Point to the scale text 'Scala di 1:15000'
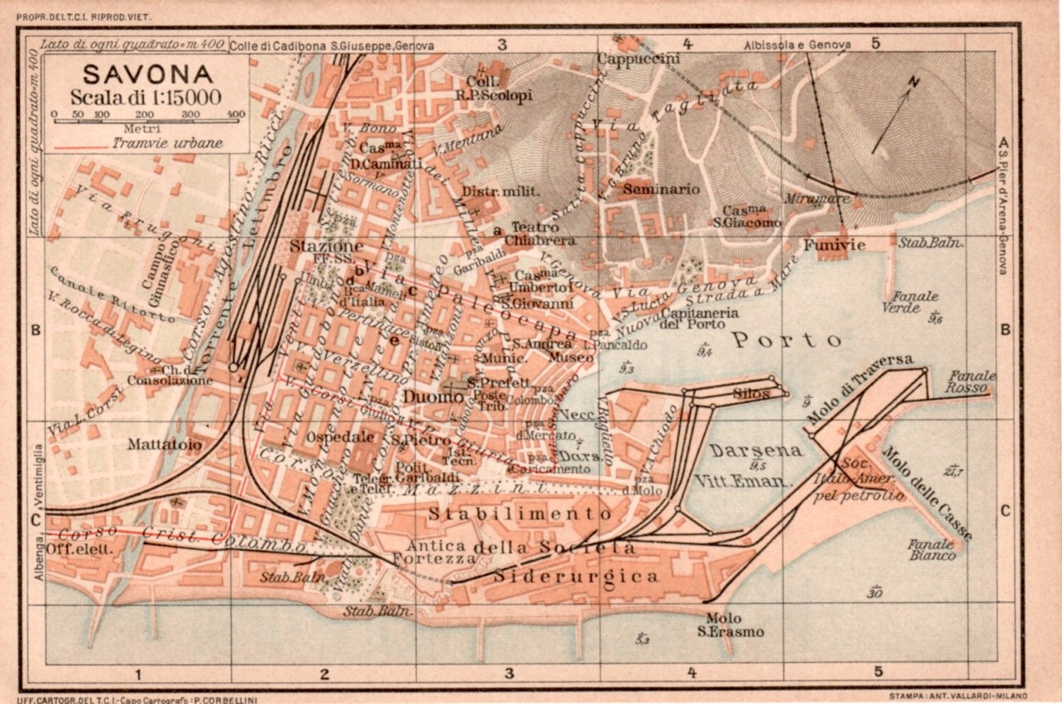coord(145,97)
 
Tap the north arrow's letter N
coord(913,83)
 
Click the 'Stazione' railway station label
coord(326,246)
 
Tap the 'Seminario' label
coord(661,189)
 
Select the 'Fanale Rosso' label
coord(971,382)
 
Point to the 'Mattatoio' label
coord(165,445)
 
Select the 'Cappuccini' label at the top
coord(638,59)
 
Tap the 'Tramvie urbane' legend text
coord(167,143)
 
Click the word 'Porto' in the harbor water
coord(787,341)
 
